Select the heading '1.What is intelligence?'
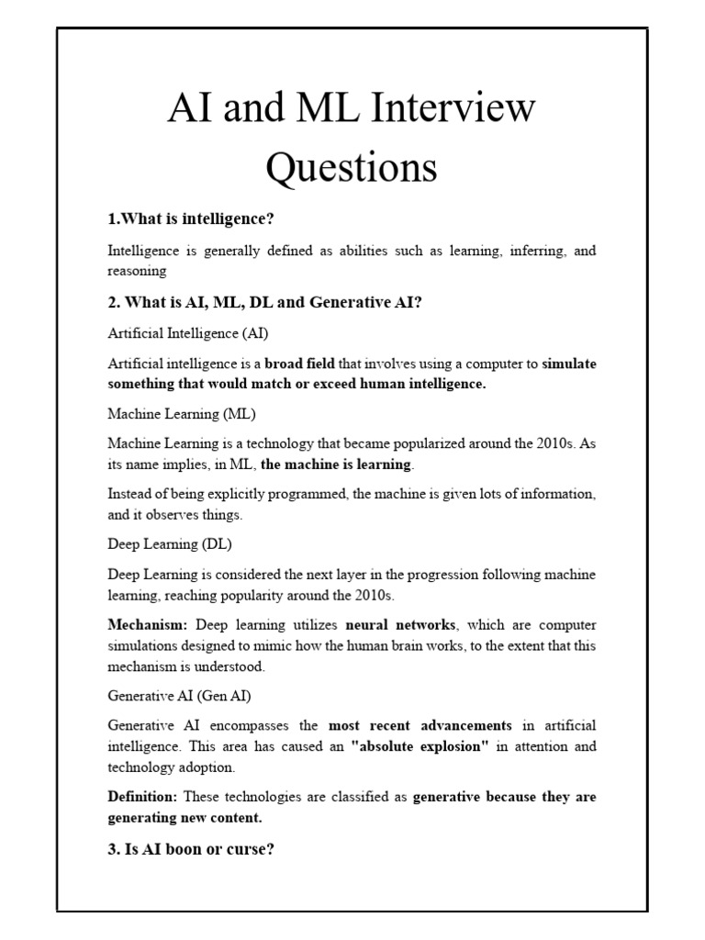point(192,219)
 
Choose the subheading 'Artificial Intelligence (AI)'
point(188,331)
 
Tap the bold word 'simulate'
point(569,364)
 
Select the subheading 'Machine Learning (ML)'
point(181,413)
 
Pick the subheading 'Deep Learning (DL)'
point(170,543)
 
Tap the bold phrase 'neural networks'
point(400,625)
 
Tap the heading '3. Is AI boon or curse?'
point(191,848)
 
